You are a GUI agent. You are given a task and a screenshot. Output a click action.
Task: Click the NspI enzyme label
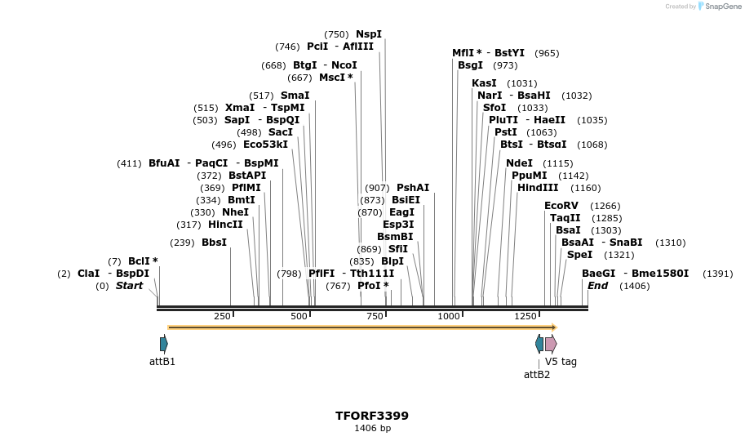(368, 34)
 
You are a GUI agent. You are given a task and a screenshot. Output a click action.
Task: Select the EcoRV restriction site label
(561, 206)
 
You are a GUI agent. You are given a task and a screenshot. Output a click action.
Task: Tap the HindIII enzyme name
(537, 188)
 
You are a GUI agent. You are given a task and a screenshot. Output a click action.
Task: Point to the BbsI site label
(214, 243)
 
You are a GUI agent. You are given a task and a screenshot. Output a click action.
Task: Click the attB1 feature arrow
(164, 344)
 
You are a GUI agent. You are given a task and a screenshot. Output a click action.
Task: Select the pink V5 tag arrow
(551, 344)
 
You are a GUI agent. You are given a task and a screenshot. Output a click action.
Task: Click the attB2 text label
(536, 375)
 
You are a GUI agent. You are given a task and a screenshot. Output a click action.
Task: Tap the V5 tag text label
(561, 362)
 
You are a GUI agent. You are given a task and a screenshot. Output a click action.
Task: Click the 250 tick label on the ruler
(222, 316)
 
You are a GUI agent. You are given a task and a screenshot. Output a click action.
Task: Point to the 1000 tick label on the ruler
(449, 316)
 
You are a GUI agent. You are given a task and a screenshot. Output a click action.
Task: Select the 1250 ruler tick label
(525, 316)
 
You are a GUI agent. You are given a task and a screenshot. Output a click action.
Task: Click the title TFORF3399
(372, 416)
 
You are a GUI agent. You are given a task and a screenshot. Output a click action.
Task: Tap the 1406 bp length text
(372, 428)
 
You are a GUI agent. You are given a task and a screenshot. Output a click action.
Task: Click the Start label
(129, 286)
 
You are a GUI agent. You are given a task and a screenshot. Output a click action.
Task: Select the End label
(597, 286)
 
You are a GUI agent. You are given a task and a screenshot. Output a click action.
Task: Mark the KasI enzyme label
(484, 83)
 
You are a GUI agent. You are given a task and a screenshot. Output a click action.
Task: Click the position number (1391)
(717, 274)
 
